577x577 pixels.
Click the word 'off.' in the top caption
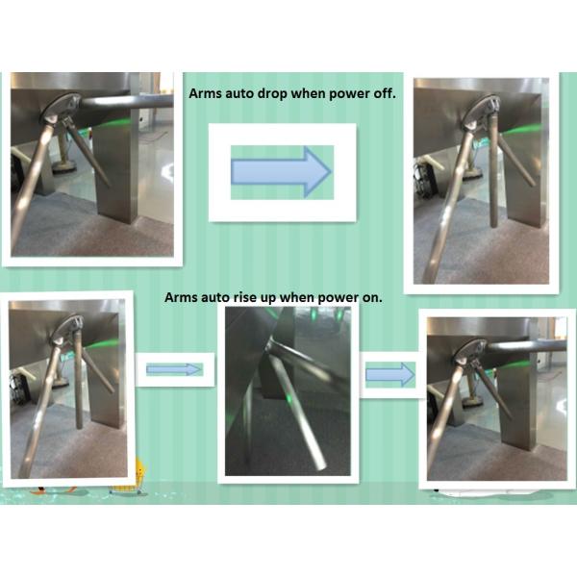pyautogui.click(x=385, y=93)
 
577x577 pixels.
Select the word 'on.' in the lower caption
pyautogui.click(x=372, y=298)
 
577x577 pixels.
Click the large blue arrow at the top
pyautogui.click(x=281, y=172)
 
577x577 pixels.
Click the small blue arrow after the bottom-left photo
pyautogui.click(x=174, y=369)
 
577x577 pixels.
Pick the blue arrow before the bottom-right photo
pyautogui.click(x=390, y=375)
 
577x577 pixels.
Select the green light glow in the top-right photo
pyautogui.click(x=522, y=130)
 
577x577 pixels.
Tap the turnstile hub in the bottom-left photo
pyautogui.click(x=65, y=330)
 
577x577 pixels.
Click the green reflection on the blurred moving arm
pyautogui.click(x=288, y=398)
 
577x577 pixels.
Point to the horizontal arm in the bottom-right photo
pyautogui.click(x=525, y=345)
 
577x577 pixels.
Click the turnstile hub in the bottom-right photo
pyautogui.click(x=471, y=353)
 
